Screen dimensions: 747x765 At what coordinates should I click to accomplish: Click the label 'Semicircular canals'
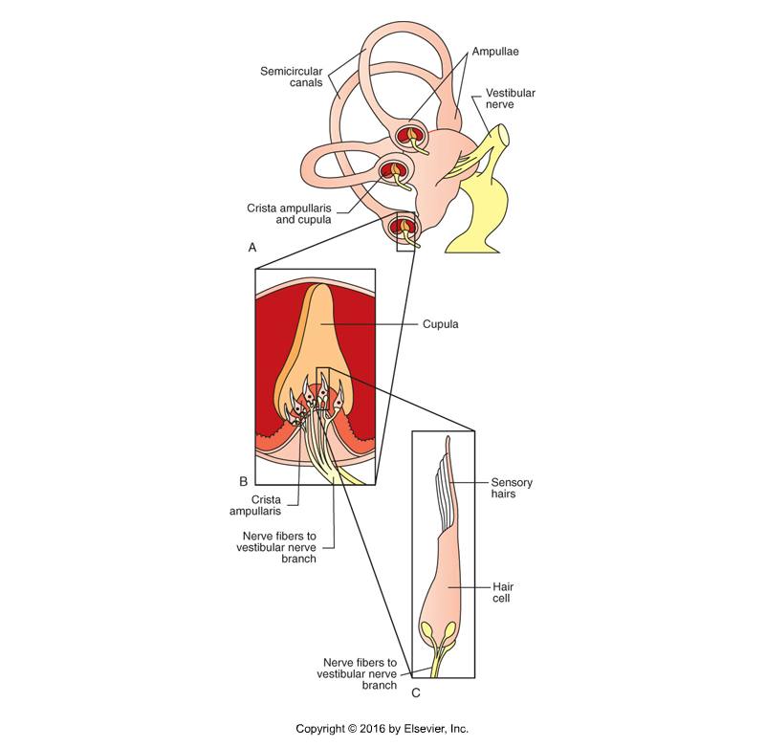tap(289, 76)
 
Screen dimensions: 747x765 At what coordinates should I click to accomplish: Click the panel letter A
tap(252, 247)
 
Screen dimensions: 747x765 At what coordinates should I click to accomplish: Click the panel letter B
tap(243, 480)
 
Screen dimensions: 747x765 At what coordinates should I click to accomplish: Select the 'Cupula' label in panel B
tap(441, 324)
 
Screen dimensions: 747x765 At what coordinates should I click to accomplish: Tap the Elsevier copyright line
tap(382, 729)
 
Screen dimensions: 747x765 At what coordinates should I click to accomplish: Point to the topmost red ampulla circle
tap(414, 136)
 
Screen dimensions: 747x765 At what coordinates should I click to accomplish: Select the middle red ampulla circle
tap(394, 172)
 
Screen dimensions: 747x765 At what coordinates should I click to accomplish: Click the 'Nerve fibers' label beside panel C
tap(359, 668)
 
